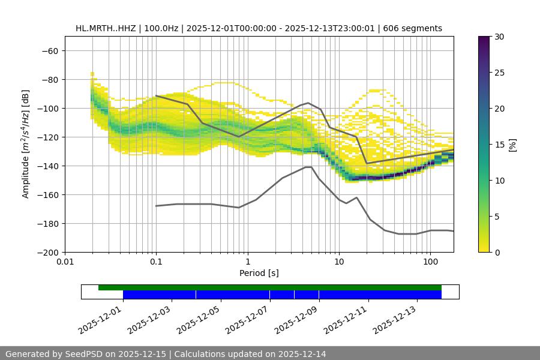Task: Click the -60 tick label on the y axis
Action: (x=50, y=50)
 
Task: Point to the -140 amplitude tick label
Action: (x=48, y=166)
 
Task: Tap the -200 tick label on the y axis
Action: (x=48, y=252)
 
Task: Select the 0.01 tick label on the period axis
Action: (x=65, y=262)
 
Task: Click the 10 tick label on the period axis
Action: (x=339, y=262)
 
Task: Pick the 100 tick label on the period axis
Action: (x=430, y=262)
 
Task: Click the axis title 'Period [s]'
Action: (x=259, y=273)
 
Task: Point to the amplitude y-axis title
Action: (x=26, y=144)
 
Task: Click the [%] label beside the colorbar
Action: (x=512, y=144)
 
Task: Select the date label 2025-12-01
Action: (x=100, y=318)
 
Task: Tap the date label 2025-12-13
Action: (x=395, y=318)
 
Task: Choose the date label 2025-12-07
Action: (x=247, y=318)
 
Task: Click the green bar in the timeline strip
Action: (x=270, y=287)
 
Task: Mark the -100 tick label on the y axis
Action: (x=48, y=108)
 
